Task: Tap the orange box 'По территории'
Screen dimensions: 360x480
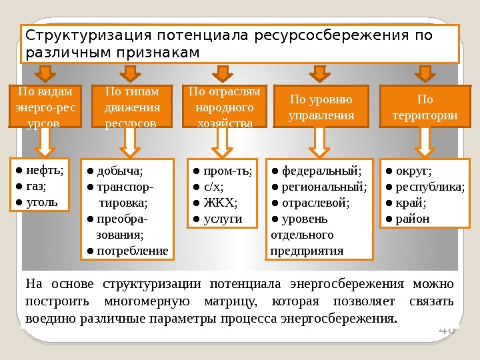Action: [424, 107]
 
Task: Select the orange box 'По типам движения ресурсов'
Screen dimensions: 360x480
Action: [133, 106]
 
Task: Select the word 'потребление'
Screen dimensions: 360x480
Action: [133, 251]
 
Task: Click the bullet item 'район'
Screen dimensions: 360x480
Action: [413, 218]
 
